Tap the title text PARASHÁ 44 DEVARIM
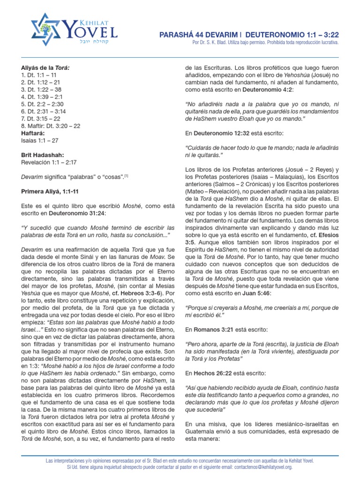click(197, 35)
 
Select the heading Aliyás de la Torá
click(45, 67)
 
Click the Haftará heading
click(33, 133)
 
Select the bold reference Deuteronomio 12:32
click(224, 134)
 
